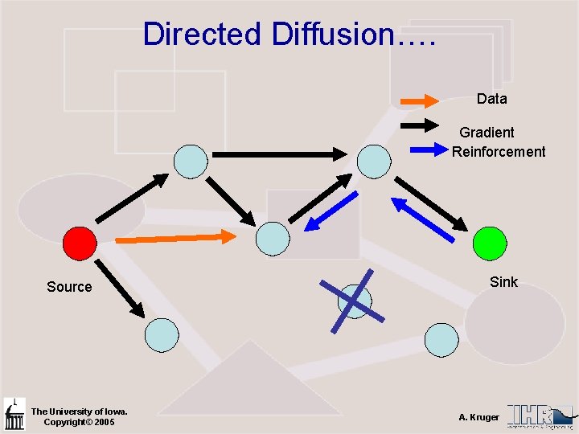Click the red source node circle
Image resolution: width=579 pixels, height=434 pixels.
point(80,241)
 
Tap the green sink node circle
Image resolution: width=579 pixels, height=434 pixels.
point(490,242)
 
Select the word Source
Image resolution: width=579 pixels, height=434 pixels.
point(69,287)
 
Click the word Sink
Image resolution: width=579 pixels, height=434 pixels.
point(503,281)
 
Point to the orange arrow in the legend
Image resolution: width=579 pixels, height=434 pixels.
point(419,100)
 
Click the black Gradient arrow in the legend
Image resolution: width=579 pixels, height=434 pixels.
point(419,125)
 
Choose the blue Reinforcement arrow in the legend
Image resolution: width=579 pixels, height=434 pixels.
point(428,149)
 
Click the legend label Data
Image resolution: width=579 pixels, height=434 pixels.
point(491,99)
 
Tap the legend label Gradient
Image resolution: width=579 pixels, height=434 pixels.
point(487,132)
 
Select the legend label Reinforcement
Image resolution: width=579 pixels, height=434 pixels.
point(498,152)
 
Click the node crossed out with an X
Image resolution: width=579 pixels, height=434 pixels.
point(354,302)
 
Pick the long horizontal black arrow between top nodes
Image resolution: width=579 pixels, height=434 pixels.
point(278,154)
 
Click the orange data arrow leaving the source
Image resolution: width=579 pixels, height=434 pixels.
point(175,238)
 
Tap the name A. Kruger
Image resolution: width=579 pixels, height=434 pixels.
point(478,417)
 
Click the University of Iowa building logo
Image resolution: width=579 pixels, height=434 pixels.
point(14,415)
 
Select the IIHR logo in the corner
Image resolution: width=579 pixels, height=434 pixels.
point(540,414)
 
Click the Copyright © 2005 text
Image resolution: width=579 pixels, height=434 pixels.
point(79,422)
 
